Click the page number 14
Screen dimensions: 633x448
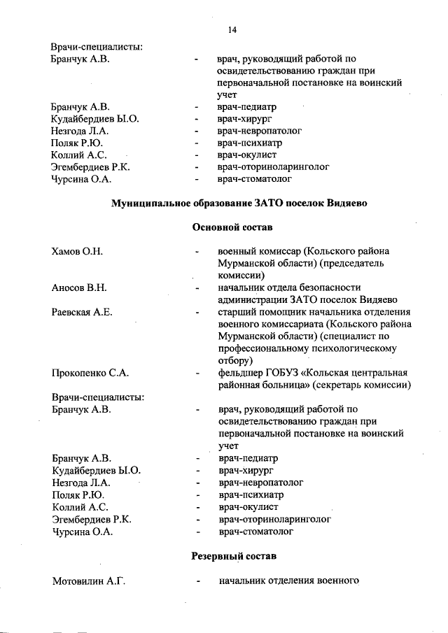tap(232, 29)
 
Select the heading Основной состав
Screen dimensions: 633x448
tap(232, 228)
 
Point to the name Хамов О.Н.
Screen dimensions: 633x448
tap(77, 251)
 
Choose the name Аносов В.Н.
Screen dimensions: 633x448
tap(78, 287)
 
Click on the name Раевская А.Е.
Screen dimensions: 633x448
tap(82, 312)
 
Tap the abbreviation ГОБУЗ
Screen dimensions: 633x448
tap(288, 373)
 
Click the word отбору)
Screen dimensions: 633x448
tap(234, 360)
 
